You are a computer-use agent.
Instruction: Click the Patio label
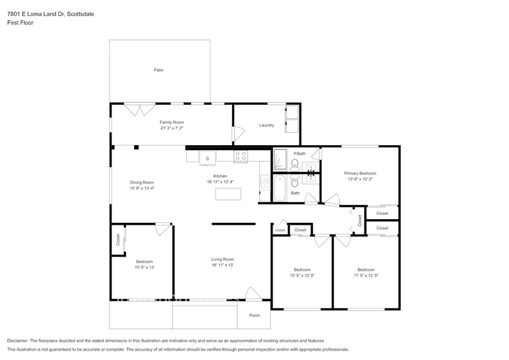pyautogui.click(x=159, y=70)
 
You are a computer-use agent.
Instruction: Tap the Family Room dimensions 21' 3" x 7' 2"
pyautogui.click(x=172, y=129)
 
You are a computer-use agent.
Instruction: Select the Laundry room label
pyautogui.click(x=266, y=126)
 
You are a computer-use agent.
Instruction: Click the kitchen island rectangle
pyautogui.click(x=228, y=194)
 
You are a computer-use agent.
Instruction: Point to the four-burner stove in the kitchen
pyautogui.click(x=241, y=156)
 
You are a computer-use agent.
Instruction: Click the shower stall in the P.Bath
pyautogui.click(x=280, y=160)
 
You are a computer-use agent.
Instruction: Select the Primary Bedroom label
pyautogui.click(x=360, y=173)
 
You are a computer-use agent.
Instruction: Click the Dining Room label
pyautogui.click(x=141, y=182)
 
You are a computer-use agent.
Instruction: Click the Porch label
pyautogui.click(x=254, y=315)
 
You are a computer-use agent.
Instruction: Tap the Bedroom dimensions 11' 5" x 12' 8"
pyautogui.click(x=366, y=276)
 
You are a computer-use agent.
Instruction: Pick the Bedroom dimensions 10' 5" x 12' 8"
pyautogui.click(x=302, y=276)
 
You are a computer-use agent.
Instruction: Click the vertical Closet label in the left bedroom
pyautogui.click(x=118, y=240)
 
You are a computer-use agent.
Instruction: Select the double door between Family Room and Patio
pyautogui.click(x=140, y=110)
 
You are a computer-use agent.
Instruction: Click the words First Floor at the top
pyautogui.click(x=20, y=23)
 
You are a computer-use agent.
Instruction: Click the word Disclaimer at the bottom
pyautogui.click(x=18, y=340)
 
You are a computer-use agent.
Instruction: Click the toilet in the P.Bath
pyautogui.click(x=295, y=163)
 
